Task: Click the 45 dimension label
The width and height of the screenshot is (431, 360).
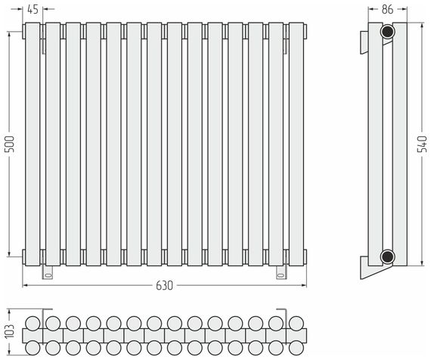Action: [33, 10]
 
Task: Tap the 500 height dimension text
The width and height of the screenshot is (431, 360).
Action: [10, 144]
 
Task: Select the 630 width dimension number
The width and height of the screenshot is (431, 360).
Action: [164, 286]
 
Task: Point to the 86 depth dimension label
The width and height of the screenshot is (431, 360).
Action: [388, 10]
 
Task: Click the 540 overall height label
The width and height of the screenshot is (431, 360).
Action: [423, 144]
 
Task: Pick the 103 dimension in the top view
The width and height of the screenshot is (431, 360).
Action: [10, 331]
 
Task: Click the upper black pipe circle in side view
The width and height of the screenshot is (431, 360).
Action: [388, 31]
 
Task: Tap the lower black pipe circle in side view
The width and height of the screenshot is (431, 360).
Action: [388, 256]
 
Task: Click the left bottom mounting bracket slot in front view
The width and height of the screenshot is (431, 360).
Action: [48, 275]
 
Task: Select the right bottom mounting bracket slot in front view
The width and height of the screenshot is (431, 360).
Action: [281, 275]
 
